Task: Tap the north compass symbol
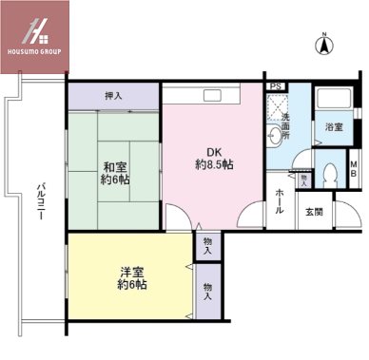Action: point(323,43)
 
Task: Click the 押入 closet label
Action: point(113,96)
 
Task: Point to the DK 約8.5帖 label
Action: point(214,157)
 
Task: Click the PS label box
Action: point(276,86)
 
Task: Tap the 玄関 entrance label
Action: point(314,212)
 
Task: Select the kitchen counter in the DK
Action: point(212,96)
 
